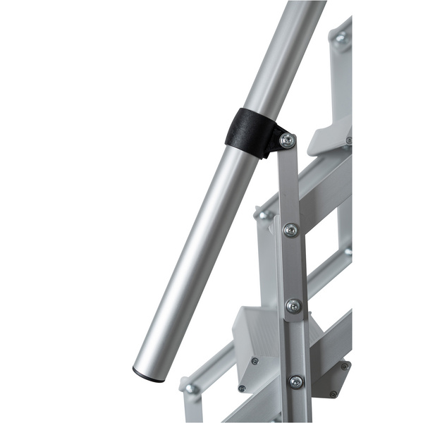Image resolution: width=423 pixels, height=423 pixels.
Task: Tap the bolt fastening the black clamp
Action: tap(287, 141)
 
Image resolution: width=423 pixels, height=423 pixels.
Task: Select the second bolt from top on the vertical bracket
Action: tap(290, 229)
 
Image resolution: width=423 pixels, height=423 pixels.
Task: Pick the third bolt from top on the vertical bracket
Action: tap(293, 306)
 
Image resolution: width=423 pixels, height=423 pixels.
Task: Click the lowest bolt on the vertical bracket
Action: tap(296, 381)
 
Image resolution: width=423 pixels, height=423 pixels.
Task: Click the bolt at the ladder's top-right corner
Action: tap(341, 39)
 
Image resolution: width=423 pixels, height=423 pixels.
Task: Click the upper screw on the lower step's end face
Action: tap(255, 360)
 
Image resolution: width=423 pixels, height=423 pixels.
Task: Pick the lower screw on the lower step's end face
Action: tap(242, 388)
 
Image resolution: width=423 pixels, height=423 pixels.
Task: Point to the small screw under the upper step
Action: tap(348, 140)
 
